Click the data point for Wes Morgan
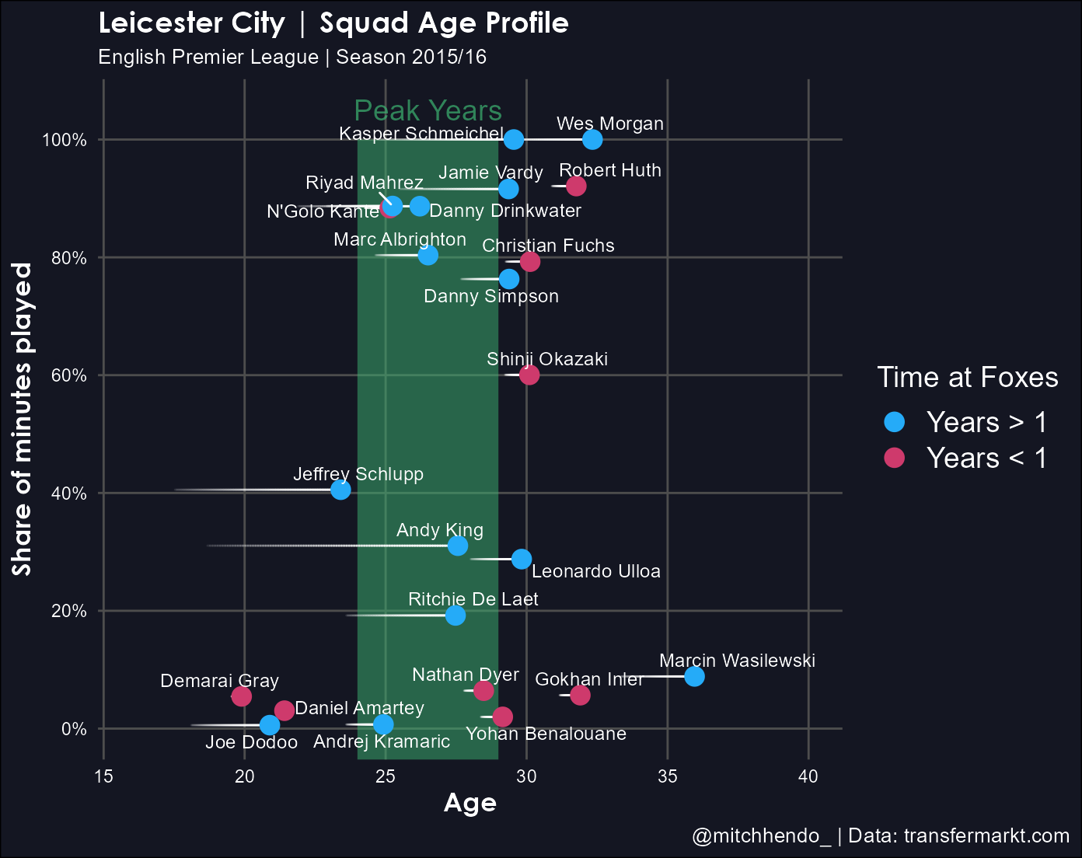[x=592, y=139]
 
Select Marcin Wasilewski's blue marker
[x=694, y=676]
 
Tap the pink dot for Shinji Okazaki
[x=529, y=375]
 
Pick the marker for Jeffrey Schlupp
[x=340, y=490]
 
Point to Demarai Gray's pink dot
[x=242, y=696]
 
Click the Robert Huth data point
[x=576, y=186]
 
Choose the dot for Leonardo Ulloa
[x=522, y=559]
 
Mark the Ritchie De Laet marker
[x=455, y=616]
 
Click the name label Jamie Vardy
[x=490, y=173]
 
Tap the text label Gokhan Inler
[x=589, y=679]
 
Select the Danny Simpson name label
[x=491, y=296]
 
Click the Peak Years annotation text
[x=428, y=111]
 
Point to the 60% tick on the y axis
[x=69, y=375]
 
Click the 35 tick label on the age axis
[x=667, y=776]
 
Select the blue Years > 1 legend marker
[x=895, y=422]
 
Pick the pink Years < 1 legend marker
[x=895, y=458]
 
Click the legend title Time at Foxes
[x=968, y=377]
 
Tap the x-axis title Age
[x=469, y=803]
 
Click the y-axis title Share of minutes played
[x=23, y=420]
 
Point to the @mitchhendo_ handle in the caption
[x=762, y=836]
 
